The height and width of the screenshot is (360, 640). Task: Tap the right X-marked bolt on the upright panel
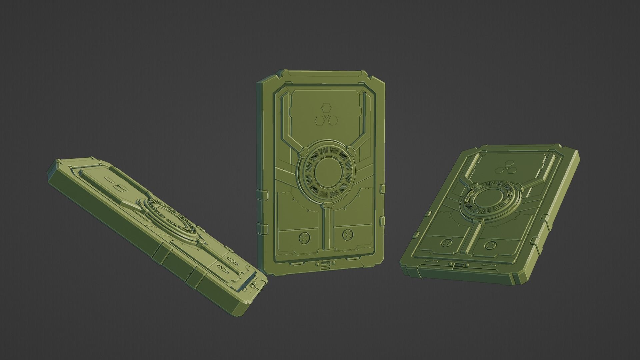(x=347, y=235)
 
